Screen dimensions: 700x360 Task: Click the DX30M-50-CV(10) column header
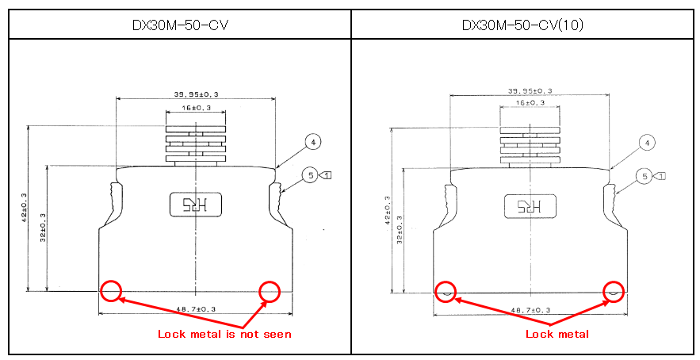522,25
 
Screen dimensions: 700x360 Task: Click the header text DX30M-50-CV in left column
180,25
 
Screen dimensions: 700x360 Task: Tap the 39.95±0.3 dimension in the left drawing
196,94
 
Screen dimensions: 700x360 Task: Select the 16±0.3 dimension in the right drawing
530,103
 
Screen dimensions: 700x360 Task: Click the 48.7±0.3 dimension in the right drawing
530,310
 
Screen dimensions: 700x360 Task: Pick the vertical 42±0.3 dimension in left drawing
24,208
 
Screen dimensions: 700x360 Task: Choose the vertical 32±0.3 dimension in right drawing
400,230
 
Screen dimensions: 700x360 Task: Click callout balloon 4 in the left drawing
313,142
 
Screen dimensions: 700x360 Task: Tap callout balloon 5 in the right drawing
645,176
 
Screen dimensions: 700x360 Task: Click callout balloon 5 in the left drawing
311,175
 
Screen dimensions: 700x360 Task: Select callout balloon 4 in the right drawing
647,143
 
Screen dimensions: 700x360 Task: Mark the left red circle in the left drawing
111,291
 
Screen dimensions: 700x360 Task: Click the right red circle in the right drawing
614,291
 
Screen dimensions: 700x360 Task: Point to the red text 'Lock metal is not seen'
224,334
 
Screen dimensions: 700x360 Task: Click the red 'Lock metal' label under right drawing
557,334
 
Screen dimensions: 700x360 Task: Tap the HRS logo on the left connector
196,205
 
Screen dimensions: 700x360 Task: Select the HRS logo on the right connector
530,206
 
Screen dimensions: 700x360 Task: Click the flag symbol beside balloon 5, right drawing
660,176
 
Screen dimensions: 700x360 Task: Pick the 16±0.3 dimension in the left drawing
196,108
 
